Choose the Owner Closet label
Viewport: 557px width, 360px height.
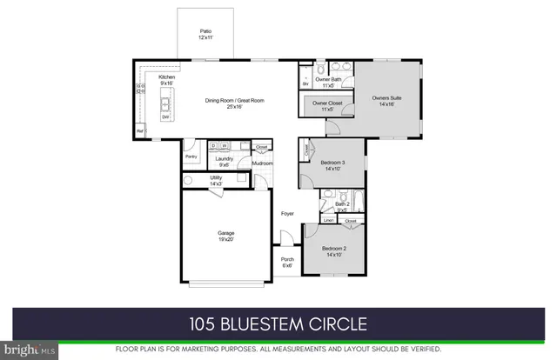point(328,107)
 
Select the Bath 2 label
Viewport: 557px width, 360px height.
point(342,206)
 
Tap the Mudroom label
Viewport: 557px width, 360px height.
point(263,163)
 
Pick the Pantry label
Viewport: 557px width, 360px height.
point(191,157)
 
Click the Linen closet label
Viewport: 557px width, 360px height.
point(329,221)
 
